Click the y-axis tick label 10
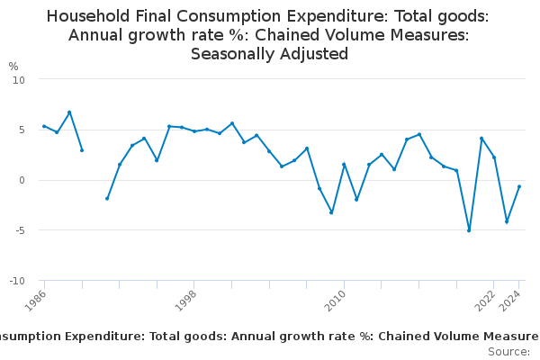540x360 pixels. point(19,79)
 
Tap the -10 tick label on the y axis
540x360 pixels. point(17,281)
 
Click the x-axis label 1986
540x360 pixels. point(35,299)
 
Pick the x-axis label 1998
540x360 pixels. point(185,299)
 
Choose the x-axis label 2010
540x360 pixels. point(336,299)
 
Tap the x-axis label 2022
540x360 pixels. point(486,299)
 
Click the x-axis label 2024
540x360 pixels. point(511,299)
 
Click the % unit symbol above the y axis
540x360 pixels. point(13,67)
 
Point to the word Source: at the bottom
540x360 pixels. point(508,352)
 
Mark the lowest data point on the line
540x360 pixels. point(469,230)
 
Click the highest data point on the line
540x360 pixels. point(69,112)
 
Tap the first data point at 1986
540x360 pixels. point(44,126)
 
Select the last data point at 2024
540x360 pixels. point(519,186)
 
